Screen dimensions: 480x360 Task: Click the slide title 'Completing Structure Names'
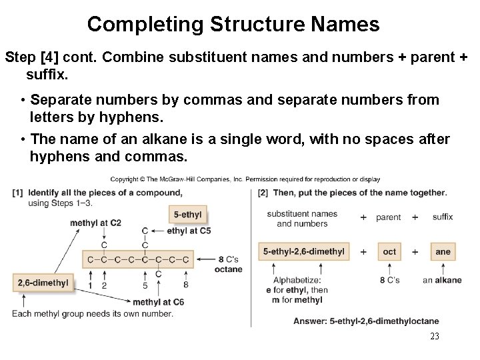click(233, 25)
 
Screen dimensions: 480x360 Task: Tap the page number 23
click(435, 337)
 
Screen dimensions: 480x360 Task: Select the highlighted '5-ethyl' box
click(187, 215)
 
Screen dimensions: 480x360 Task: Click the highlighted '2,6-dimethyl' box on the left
click(43, 283)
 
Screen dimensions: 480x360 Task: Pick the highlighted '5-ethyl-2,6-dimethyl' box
click(304, 251)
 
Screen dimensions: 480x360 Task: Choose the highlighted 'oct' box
click(389, 251)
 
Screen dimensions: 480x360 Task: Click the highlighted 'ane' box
click(443, 251)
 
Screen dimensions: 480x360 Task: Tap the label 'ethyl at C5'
click(189, 231)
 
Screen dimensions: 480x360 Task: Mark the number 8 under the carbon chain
click(185, 285)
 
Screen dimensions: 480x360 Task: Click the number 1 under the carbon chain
click(91, 285)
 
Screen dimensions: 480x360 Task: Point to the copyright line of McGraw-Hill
click(245, 179)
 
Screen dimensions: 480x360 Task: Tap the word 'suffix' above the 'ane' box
click(443, 217)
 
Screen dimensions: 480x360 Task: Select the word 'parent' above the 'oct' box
click(389, 217)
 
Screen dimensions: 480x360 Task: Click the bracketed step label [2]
click(263, 193)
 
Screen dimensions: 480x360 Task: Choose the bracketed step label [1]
click(17, 193)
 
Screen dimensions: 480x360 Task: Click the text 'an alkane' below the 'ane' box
click(442, 280)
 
